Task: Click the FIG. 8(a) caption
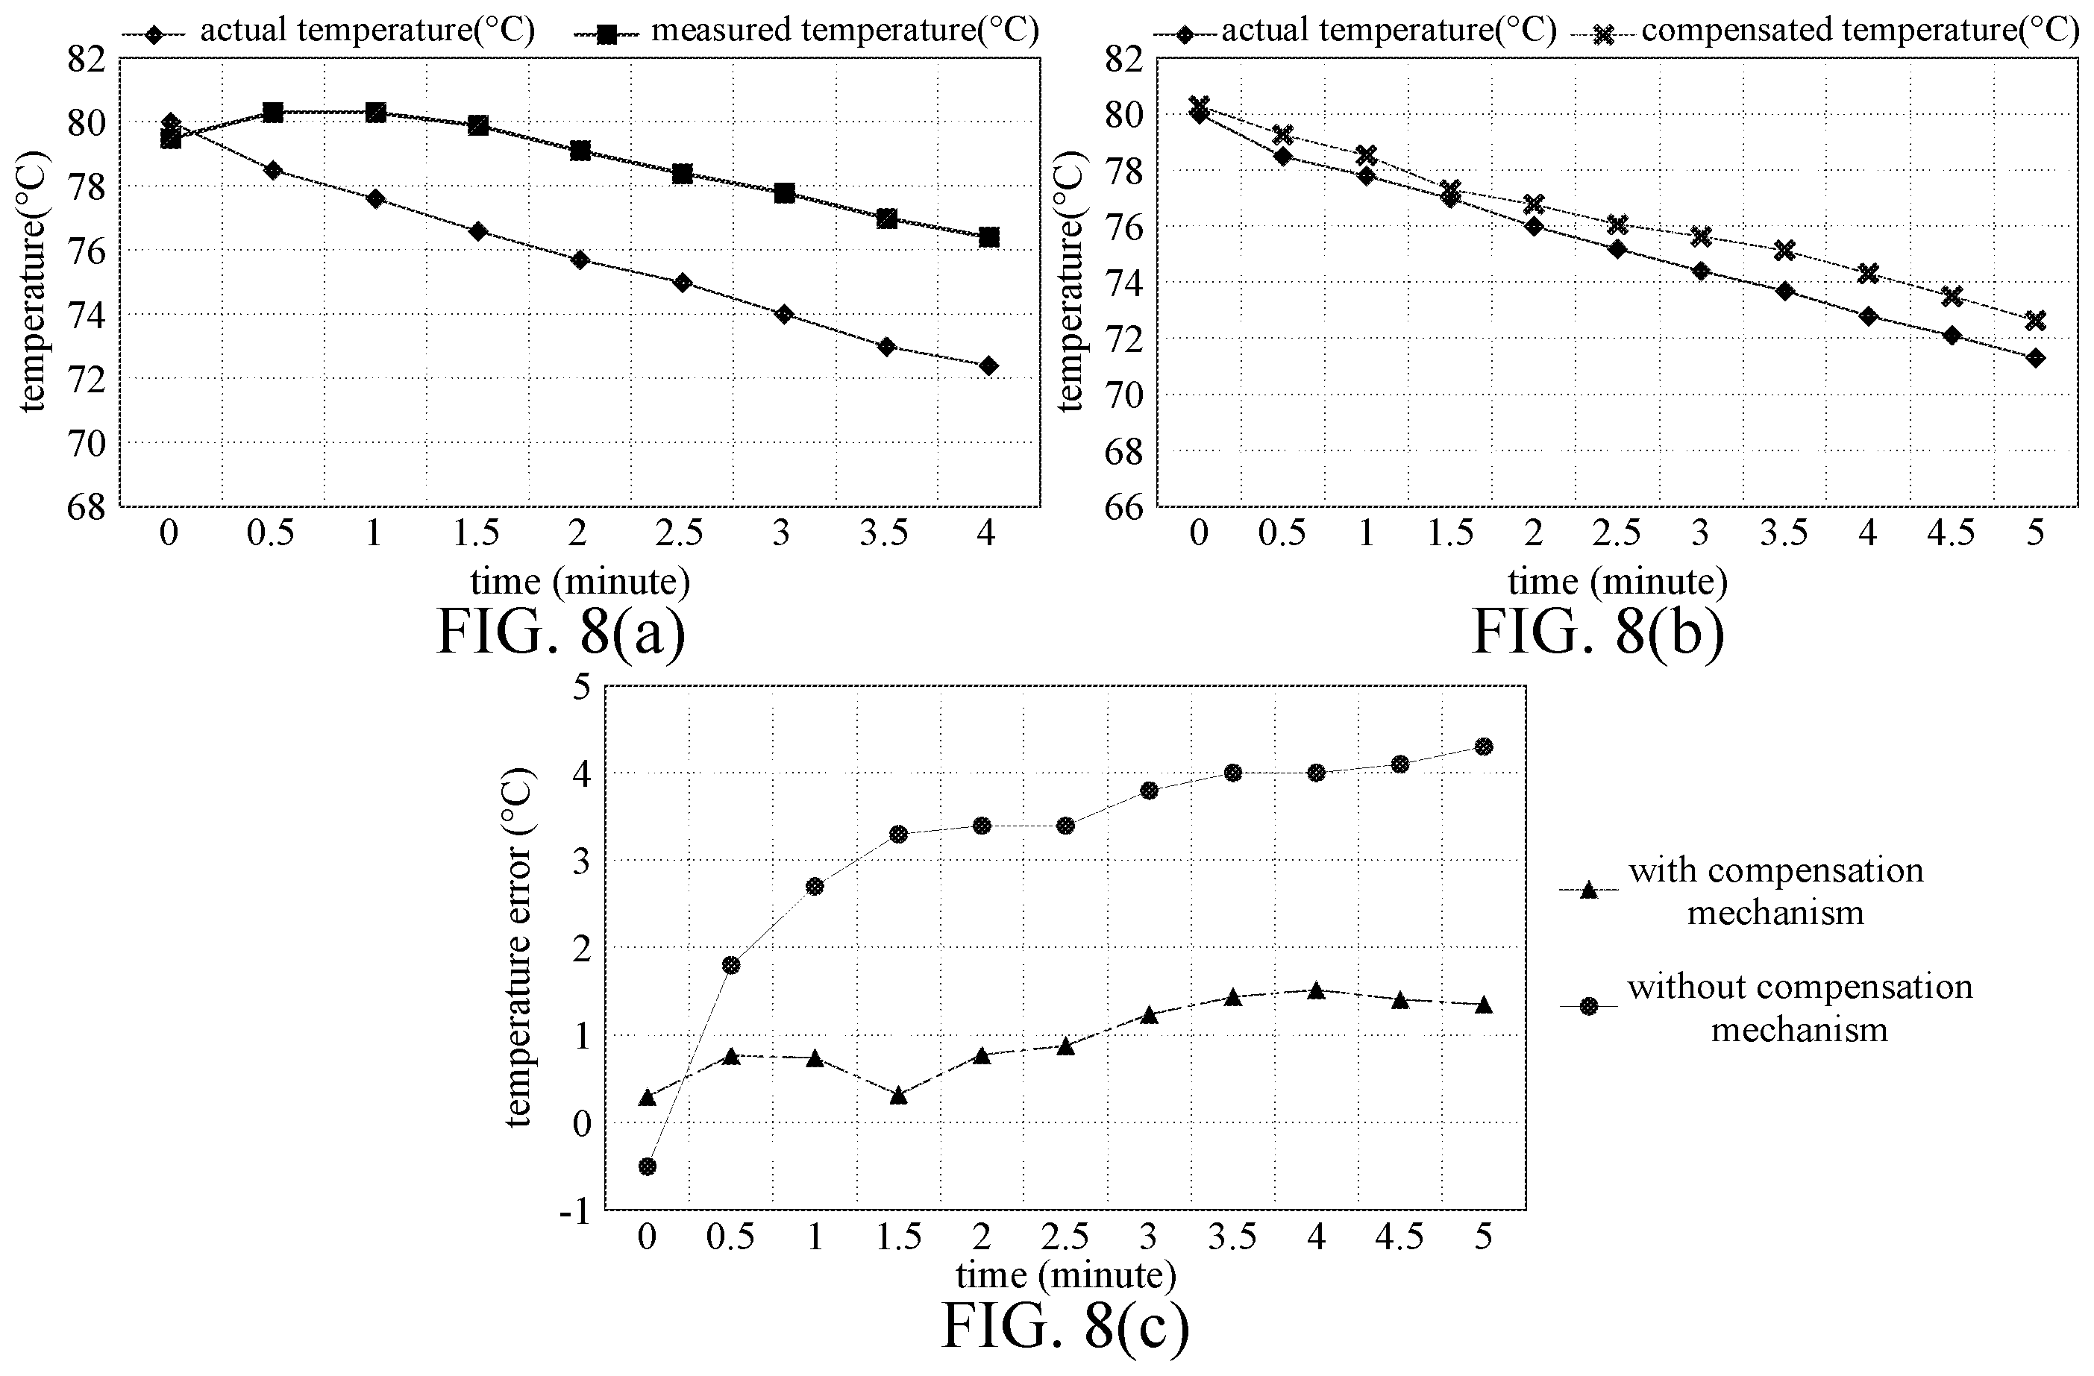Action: tap(560, 631)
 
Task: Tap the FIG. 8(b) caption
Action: tap(1598, 631)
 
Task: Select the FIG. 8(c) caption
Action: tap(1065, 1326)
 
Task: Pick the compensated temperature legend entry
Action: tap(1834, 31)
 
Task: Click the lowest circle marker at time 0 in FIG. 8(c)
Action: tap(648, 1166)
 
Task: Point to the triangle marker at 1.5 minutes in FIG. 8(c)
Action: tap(898, 1096)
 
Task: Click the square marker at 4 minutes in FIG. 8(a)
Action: tap(989, 238)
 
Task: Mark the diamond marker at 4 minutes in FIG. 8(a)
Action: tap(989, 366)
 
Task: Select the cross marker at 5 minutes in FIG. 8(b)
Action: tap(2035, 320)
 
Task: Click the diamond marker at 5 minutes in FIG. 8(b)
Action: tap(2035, 358)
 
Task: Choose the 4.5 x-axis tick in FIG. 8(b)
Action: tap(1952, 534)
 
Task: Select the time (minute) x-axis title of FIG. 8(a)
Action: tap(580, 582)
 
